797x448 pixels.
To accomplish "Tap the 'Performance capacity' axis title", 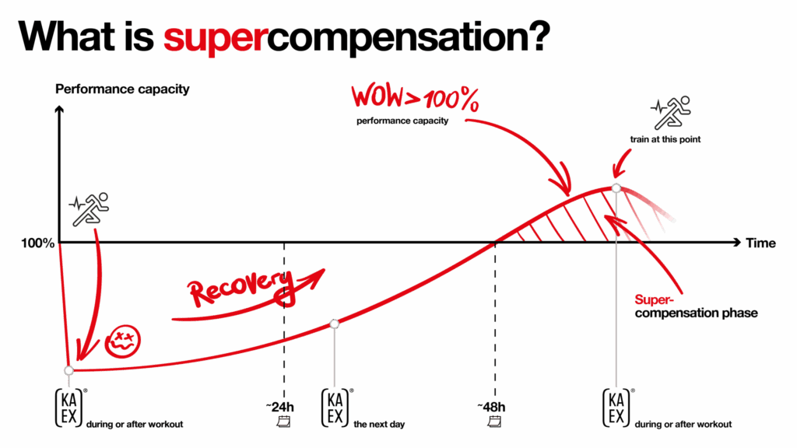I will click(122, 89).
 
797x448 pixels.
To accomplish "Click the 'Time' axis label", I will click(760, 243).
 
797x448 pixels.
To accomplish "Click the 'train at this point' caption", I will click(667, 141).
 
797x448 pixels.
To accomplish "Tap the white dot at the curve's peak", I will click(616, 188).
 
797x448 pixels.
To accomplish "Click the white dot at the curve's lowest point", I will click(69, 370).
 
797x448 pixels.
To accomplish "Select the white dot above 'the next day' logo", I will click(335, 324).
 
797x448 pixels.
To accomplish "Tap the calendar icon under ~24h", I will click(284, 422).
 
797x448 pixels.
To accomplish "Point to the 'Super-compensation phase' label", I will click(695, 306).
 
